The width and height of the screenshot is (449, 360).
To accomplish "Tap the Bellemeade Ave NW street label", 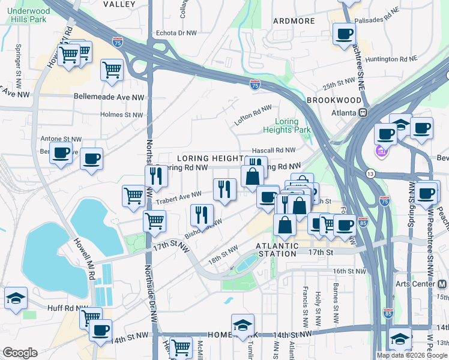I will pyautogui.click(x=109, y=96).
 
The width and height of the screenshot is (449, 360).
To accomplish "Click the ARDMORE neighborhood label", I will pyautogui.click(x=294, y=21).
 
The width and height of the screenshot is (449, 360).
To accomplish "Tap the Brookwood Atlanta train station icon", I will pyautogui.click(x=363, y=112).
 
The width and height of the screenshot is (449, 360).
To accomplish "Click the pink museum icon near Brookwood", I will pyautogui.click(x=381, y=153).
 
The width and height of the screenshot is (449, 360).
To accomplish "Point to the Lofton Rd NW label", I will pyautogui.click(x=253, y=115).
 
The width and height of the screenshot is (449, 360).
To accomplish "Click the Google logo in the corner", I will pyautogui.click(x=20, y=353).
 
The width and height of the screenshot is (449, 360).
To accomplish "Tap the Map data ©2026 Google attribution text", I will pyautogui.click(x=411, y=355).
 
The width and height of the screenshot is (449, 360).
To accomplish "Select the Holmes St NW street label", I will pyautogui.click(x=122, y=115).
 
